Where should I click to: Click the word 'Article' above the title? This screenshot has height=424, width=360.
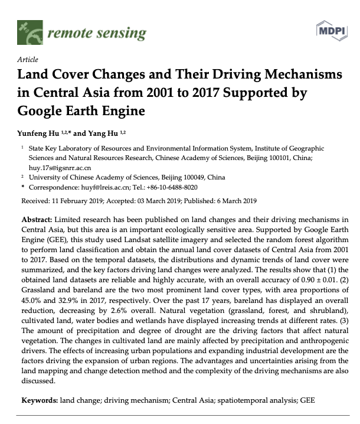28,60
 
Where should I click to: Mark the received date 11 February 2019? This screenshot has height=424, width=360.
77,200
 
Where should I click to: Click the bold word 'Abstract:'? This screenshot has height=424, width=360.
39,219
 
